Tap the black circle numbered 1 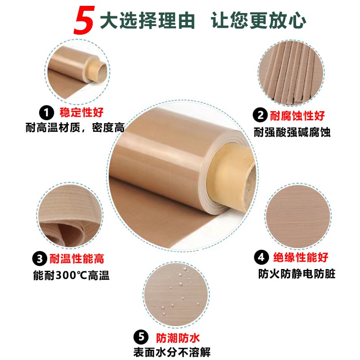pos(45,112)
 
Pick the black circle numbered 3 pos(40,258)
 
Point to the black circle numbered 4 pos(261,258)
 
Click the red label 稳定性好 pos(78,112)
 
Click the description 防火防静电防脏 pos(297,274)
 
